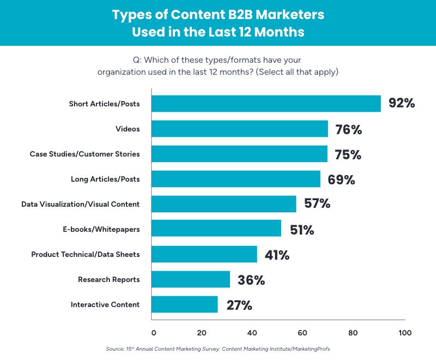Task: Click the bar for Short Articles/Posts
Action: point(266,104)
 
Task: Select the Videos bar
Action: point(240,129)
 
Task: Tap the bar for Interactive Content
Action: point(185,304)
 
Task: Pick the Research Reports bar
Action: point(191,279)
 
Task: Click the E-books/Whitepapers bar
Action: point(216,229)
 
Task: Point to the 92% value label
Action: point(402,103)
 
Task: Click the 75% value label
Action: point(348,154)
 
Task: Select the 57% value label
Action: point(317,204)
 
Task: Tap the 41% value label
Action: point(277,254)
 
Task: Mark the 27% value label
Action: point(239,305)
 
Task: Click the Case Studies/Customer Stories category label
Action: point(84,154)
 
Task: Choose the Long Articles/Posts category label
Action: point(105,179)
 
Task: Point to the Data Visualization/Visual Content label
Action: point(81,204)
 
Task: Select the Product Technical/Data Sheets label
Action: point(86,254)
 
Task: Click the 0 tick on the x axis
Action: point(154,333)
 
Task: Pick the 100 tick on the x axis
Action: point(405,333)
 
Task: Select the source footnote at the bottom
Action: point(218,349)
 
